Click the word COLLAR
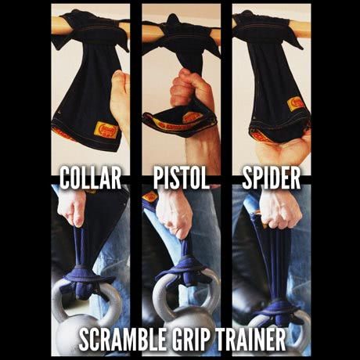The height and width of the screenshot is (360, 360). [x=90, y=178]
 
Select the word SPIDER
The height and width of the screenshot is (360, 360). [x=270, y=178]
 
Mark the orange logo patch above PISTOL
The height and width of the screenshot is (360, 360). [x=192, y=118]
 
